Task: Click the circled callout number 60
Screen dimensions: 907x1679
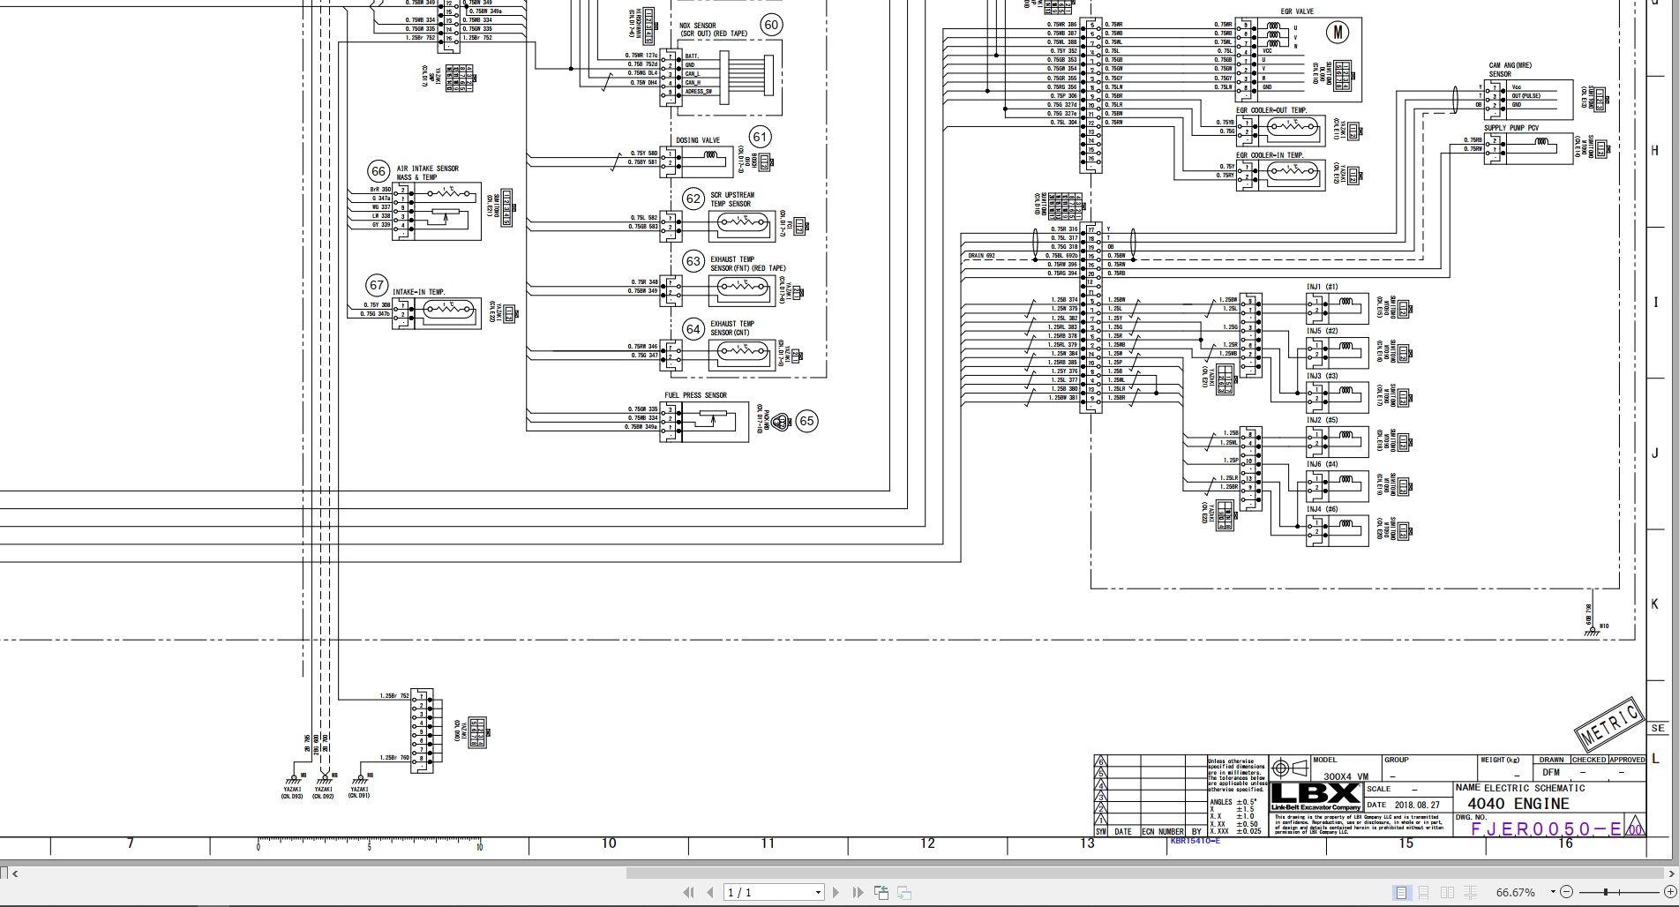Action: pos(771,25)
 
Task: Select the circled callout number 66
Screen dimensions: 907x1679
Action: pos(379,171)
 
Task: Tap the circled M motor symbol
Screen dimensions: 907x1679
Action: pos(1338,33)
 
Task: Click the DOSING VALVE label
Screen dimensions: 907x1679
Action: pos(698,140)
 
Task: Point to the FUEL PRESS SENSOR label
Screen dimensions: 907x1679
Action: pos(695,395)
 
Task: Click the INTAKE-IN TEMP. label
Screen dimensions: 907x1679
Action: pos(418,292)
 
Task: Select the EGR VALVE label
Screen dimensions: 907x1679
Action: pos(1297,12)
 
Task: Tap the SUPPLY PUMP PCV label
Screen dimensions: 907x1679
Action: pos(1510,128)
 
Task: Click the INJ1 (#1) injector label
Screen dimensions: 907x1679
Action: pos(1322,287)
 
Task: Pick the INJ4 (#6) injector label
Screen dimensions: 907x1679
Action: pos(1322,509)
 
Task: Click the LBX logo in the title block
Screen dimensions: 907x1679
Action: pos(1315,792)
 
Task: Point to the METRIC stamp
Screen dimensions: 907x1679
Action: pos(1609,723)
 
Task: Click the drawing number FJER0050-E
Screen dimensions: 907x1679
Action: pos(1546,828)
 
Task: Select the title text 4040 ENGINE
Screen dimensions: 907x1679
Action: pos(1518,804)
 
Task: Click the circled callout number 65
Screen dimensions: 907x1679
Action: pos(806,421)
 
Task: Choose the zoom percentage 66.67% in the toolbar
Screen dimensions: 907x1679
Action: pos(1516,892)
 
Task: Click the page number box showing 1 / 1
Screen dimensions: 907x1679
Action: pos(773,892)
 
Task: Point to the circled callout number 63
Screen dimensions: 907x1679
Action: pos(693,261)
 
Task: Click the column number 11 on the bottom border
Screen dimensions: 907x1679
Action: pos(768,843)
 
